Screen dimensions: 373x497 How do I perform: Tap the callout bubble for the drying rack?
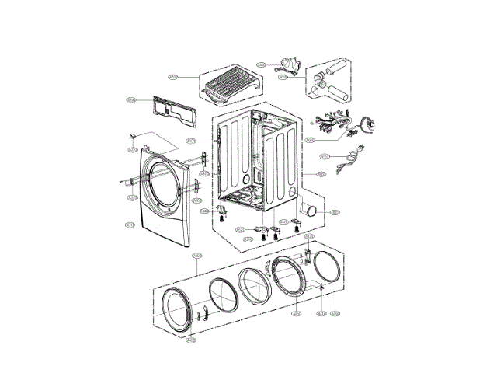pyautogui.click(x=173, y=77)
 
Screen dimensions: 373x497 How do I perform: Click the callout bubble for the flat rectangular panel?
pyautogui.click(x=132, y=100)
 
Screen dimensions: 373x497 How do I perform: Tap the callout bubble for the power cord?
pyautogui.click(x=326, y=156)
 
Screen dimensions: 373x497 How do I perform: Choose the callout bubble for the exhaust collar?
pyautogui.click(x=335, y=211)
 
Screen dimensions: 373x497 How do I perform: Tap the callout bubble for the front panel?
pyautogui.click(x=131, y=225)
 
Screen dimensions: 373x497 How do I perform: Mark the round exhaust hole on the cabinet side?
pyautogui.click(x=291, y=190)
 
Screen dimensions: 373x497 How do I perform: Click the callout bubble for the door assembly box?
pyautogui.click(x=197, y=256)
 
